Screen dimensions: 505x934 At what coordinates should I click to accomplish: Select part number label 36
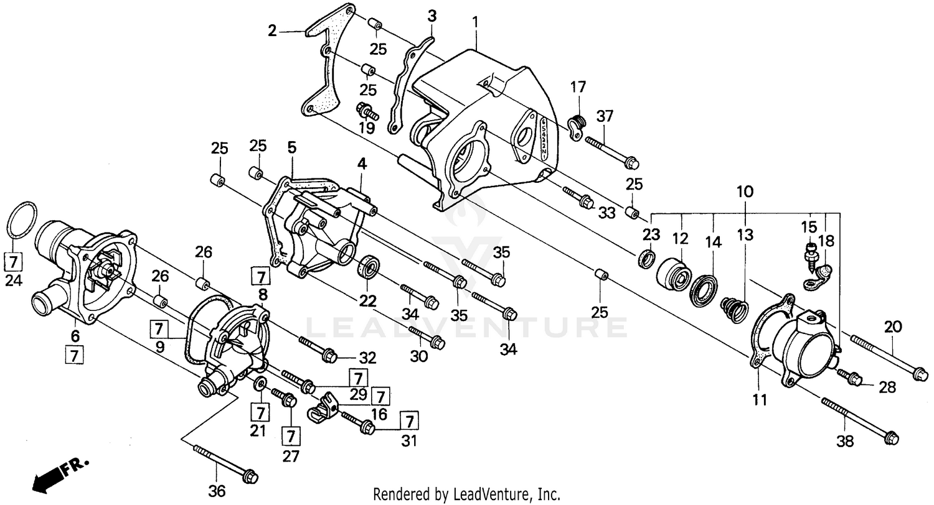(216, 491)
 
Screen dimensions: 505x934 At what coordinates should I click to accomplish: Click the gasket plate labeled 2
(330, 62)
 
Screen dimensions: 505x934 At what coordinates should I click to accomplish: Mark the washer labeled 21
(259, 382)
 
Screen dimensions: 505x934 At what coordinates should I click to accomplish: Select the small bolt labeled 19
(366, 112)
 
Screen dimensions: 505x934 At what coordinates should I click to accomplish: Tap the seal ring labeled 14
(704, 289)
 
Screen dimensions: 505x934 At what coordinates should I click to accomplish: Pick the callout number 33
(606, 213)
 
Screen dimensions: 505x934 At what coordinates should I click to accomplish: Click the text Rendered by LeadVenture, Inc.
(466, 494)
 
